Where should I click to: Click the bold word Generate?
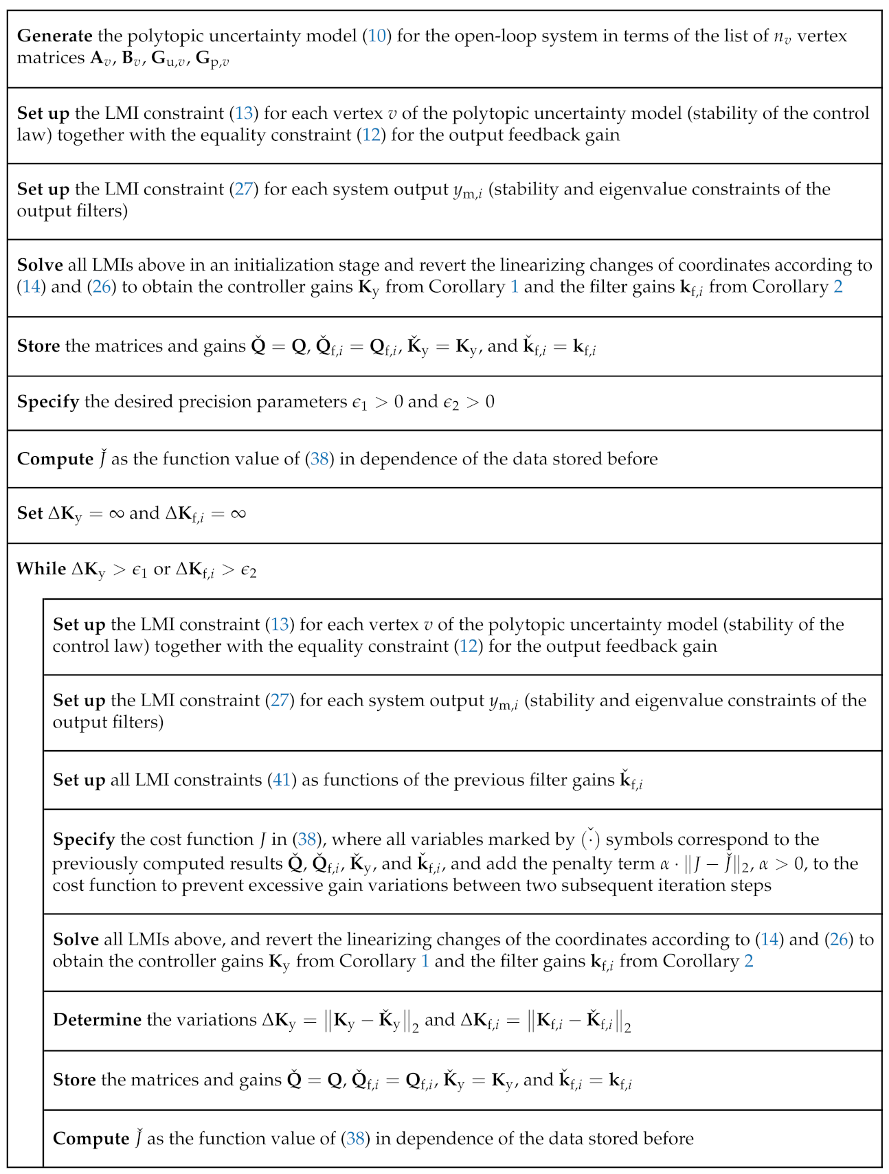pos(54,36)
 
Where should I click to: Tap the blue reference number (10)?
pos(377,36)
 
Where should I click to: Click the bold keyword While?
pos(41,569)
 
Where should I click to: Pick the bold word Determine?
pos(97,1019)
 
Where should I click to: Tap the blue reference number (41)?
pos(282,780)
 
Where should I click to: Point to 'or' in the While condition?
pos(161,569)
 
